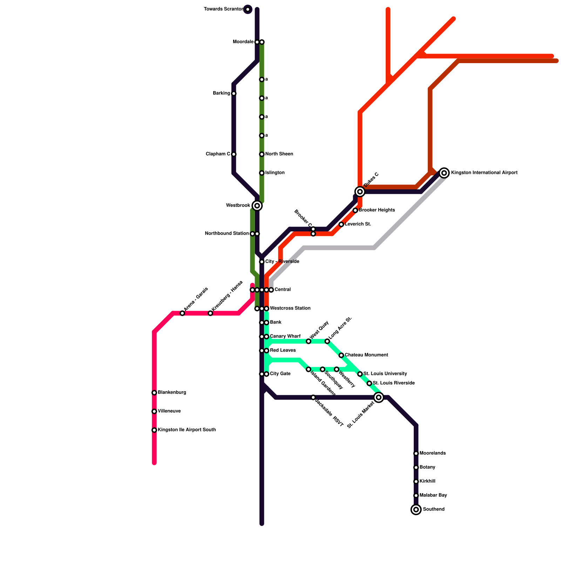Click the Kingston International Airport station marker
coord(444,173)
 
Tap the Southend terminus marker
coord(416,509)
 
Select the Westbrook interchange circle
coord(257,205)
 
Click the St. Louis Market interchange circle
coord(379,397)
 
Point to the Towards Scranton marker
coord(248,9)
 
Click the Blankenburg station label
coord(172,392)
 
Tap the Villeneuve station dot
coord(154,411)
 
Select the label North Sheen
coord(279,154)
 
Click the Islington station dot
coord(262,173)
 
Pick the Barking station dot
coord(234,93)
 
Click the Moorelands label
coord(432,453)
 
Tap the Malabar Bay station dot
coord(416,495)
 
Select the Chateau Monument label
coord(366,355)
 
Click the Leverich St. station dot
coord(341,224)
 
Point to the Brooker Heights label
coord(377,210)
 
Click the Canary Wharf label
coord(285,336)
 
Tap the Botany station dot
coord(416,467)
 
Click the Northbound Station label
coord(227,234)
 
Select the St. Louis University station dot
coord(360,374)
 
